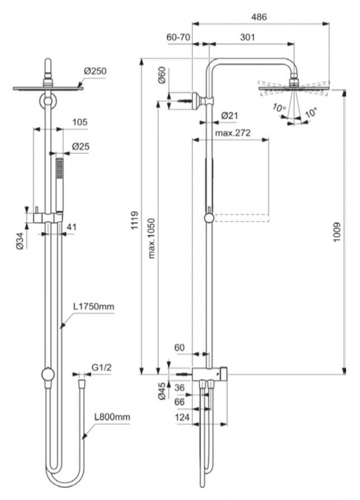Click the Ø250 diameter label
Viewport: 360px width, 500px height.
click(x=95, y=71)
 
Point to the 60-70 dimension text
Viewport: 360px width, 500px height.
click(x=179, y=37)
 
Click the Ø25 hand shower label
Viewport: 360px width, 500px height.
click(x=81, y=146)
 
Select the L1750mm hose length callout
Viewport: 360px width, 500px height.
click(x=94, y=306)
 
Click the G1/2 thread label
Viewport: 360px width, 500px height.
click(x=102, y=368)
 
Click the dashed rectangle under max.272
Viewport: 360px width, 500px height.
click(x=242, y=218)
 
